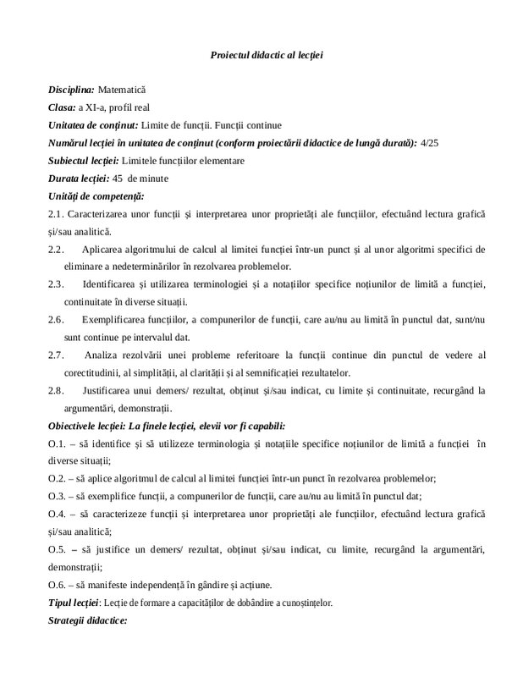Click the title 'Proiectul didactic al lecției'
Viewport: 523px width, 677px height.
tap(267, 55)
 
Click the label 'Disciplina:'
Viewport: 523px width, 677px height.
tap(71, 89)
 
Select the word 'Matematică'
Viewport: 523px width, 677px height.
tap(123, 89)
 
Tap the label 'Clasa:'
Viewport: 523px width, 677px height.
tap(62, 107)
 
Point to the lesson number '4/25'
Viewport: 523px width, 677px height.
tap(430, 143)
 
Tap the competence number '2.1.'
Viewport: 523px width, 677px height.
tap(56, 214)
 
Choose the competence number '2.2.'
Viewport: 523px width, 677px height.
tap(56, 250)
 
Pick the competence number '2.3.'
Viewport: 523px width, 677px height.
tap(56, 285)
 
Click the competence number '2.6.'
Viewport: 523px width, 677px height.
tap(56, 321)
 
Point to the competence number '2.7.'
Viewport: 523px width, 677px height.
tap(56, 356)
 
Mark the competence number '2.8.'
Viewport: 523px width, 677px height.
tap(56, 392)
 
